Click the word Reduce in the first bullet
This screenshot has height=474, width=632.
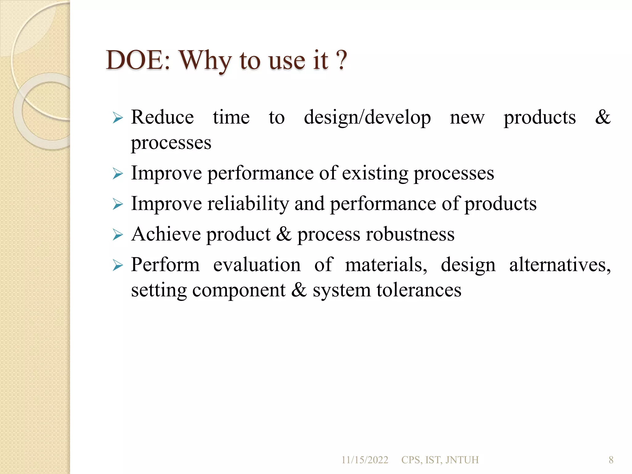(x=162, y=117)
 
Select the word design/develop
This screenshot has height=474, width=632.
(x=367, y=118)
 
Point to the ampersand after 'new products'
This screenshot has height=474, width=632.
(x=603, y=117)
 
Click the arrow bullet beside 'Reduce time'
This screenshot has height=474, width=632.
(x=118, y=118)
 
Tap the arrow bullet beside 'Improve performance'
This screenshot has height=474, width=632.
(x=118, y=174)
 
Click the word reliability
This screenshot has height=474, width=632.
(x=248, y=204)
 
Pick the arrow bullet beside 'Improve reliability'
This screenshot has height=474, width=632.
(x=118, y=204)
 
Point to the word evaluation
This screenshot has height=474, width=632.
(x=257, y=265)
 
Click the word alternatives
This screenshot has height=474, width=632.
(x=560, y=265)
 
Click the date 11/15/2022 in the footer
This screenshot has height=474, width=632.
(x=364, y=460)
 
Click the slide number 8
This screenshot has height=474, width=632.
(x=611, y=460)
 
